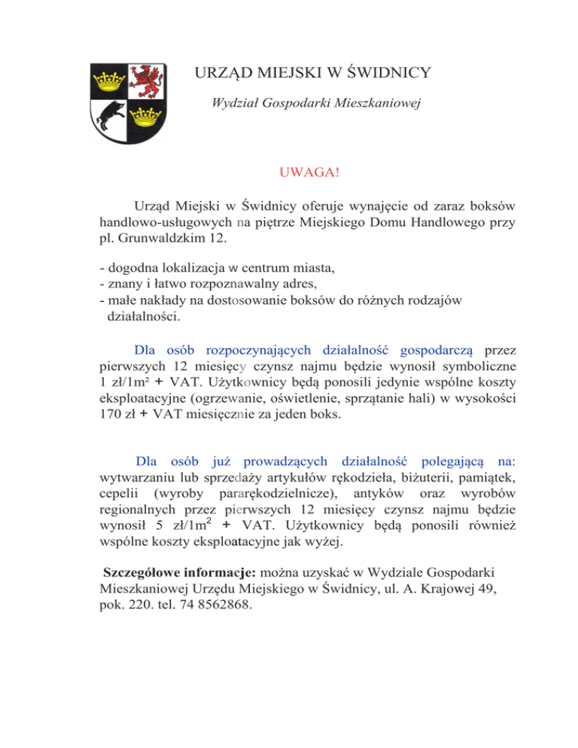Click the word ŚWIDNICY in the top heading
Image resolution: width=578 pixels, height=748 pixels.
(385, 73)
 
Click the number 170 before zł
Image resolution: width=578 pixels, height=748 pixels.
(112, 413)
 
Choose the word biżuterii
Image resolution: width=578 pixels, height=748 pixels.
(389, 497)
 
